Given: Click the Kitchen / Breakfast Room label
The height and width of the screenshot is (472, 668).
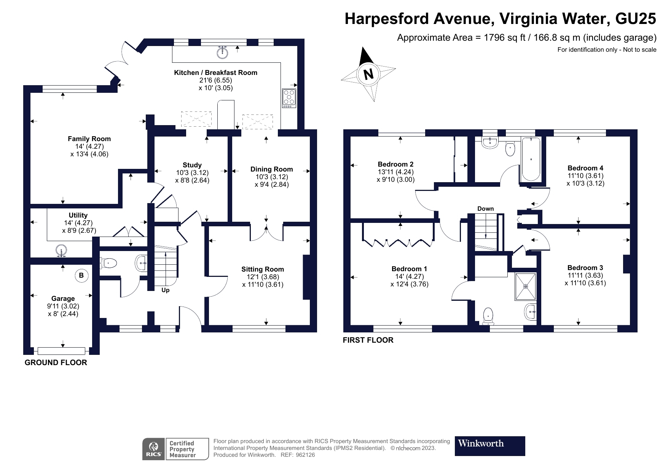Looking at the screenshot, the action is (215, 73).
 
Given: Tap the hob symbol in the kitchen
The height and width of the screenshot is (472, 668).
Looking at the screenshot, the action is (289, 98).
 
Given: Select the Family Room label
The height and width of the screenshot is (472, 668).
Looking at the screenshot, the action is (89, 139).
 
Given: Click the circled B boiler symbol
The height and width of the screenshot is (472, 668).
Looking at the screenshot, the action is (81, 275).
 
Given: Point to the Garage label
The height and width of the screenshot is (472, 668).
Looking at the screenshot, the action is (63, 299).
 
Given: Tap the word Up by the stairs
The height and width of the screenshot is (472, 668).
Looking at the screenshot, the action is (166, 290).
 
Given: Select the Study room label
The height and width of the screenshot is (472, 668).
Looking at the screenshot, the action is (192, 165).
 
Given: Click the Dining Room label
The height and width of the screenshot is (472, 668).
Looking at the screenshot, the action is (272, 169).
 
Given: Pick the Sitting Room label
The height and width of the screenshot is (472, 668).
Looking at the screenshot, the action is (263, 269).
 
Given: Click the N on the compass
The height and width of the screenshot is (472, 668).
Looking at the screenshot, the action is (368, 74).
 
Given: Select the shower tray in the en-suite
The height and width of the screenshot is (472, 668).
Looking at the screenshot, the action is (526, 286).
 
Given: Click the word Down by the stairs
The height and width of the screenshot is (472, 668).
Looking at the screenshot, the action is (486, 208).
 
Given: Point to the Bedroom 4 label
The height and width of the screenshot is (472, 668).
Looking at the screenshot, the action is (585, 168).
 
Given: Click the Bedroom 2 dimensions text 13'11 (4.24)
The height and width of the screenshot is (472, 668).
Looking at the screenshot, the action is (395, 172).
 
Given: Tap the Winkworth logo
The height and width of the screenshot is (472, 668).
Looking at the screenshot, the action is (490, 446).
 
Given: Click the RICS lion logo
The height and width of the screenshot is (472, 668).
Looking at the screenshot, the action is (154, 449).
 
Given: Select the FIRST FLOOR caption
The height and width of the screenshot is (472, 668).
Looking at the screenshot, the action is (368, 340).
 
